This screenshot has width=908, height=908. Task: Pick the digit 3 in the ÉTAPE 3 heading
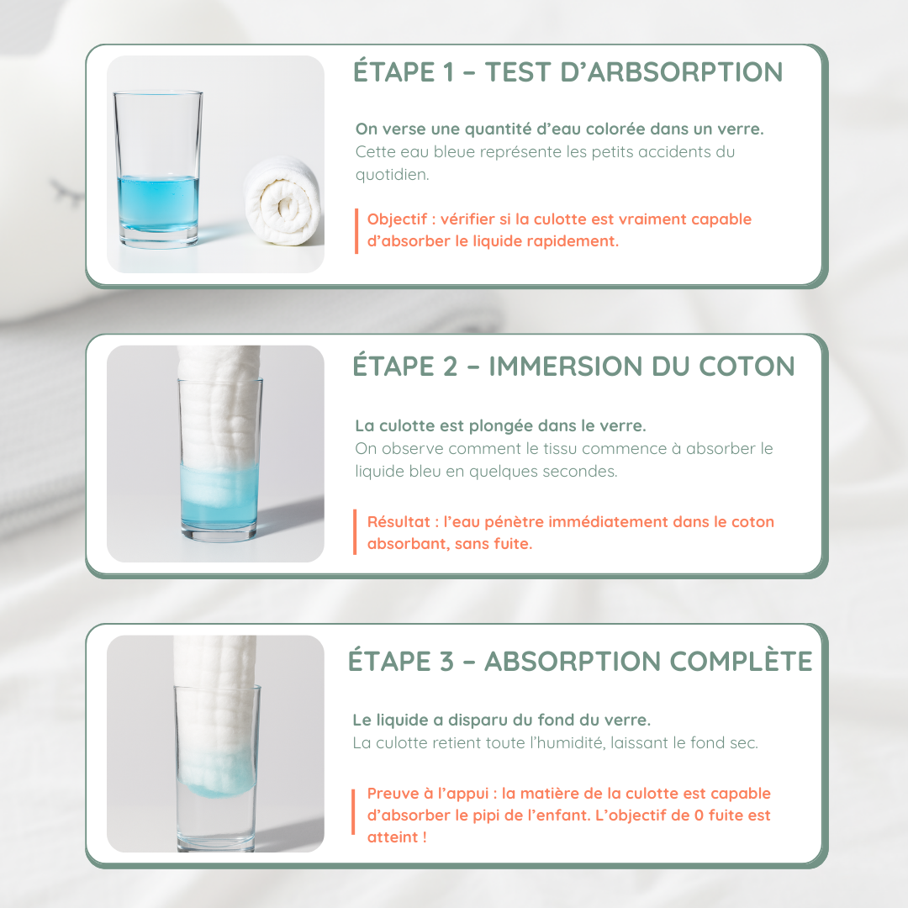pos(446,662)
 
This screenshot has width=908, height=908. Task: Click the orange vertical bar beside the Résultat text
pos(355,533)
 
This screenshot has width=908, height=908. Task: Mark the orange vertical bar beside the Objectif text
pos(355,230)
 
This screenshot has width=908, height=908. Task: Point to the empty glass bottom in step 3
pos(218,824)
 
